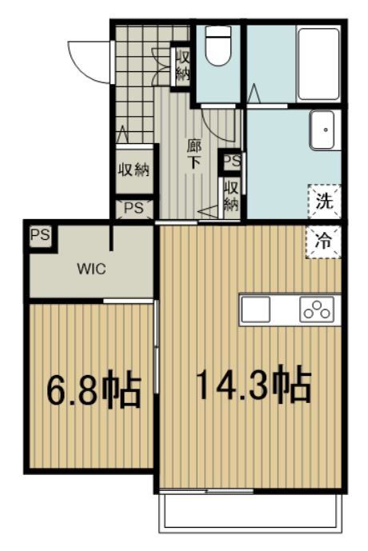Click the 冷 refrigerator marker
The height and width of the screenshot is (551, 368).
tap(324, 238)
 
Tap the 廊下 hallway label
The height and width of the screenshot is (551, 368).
tap(194, 153)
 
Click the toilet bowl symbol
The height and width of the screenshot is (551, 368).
tap(218, 48)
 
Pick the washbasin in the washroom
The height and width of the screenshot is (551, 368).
tap(323, 131)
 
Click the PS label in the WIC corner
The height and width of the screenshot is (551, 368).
tap(38, 236)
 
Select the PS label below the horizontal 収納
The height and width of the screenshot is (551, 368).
tap(133, 209)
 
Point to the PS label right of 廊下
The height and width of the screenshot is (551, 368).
tap(232, 162)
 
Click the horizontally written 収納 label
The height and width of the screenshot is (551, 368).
tap(134, 170)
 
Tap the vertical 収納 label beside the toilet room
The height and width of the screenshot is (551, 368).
tap(182, 66)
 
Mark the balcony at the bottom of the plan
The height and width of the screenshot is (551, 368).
tap(251, 512)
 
